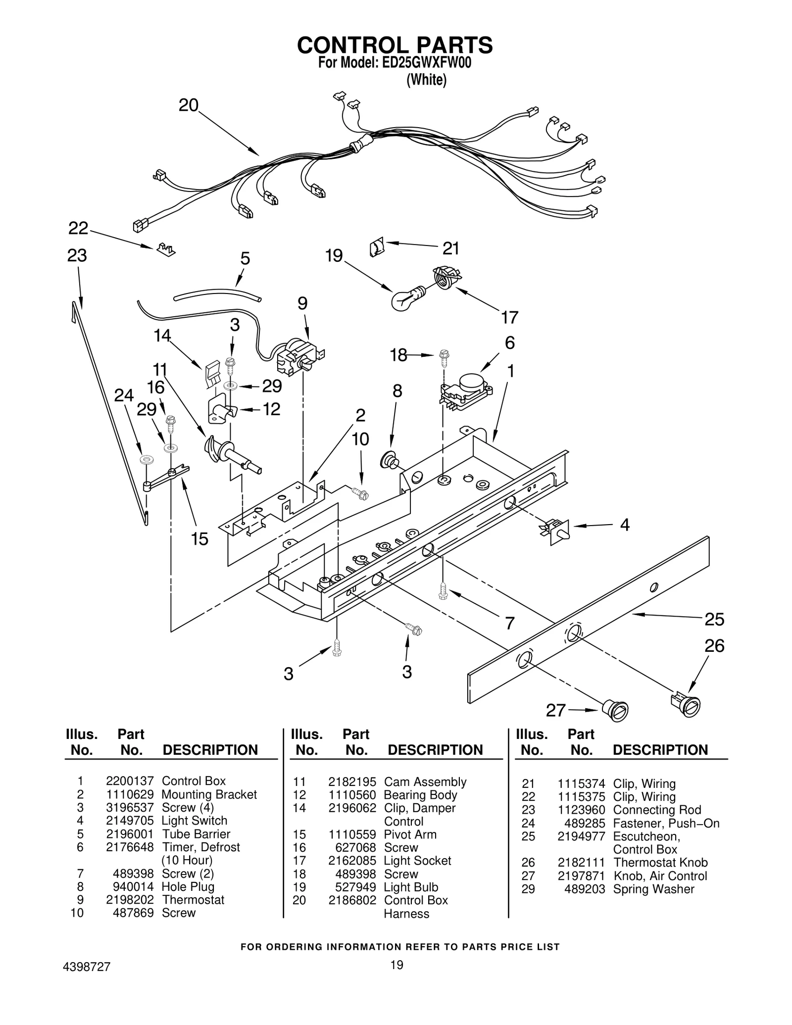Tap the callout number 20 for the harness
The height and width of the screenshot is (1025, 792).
[189, 105]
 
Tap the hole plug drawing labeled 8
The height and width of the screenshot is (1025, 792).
[388, 461]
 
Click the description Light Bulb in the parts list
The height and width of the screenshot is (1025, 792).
[411, 887]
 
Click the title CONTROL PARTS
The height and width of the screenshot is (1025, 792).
[395, 45]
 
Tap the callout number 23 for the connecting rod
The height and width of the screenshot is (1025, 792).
[77, 256]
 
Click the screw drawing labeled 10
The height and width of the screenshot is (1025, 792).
[361, 492]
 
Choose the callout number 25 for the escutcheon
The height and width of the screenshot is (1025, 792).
[714, 619]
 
